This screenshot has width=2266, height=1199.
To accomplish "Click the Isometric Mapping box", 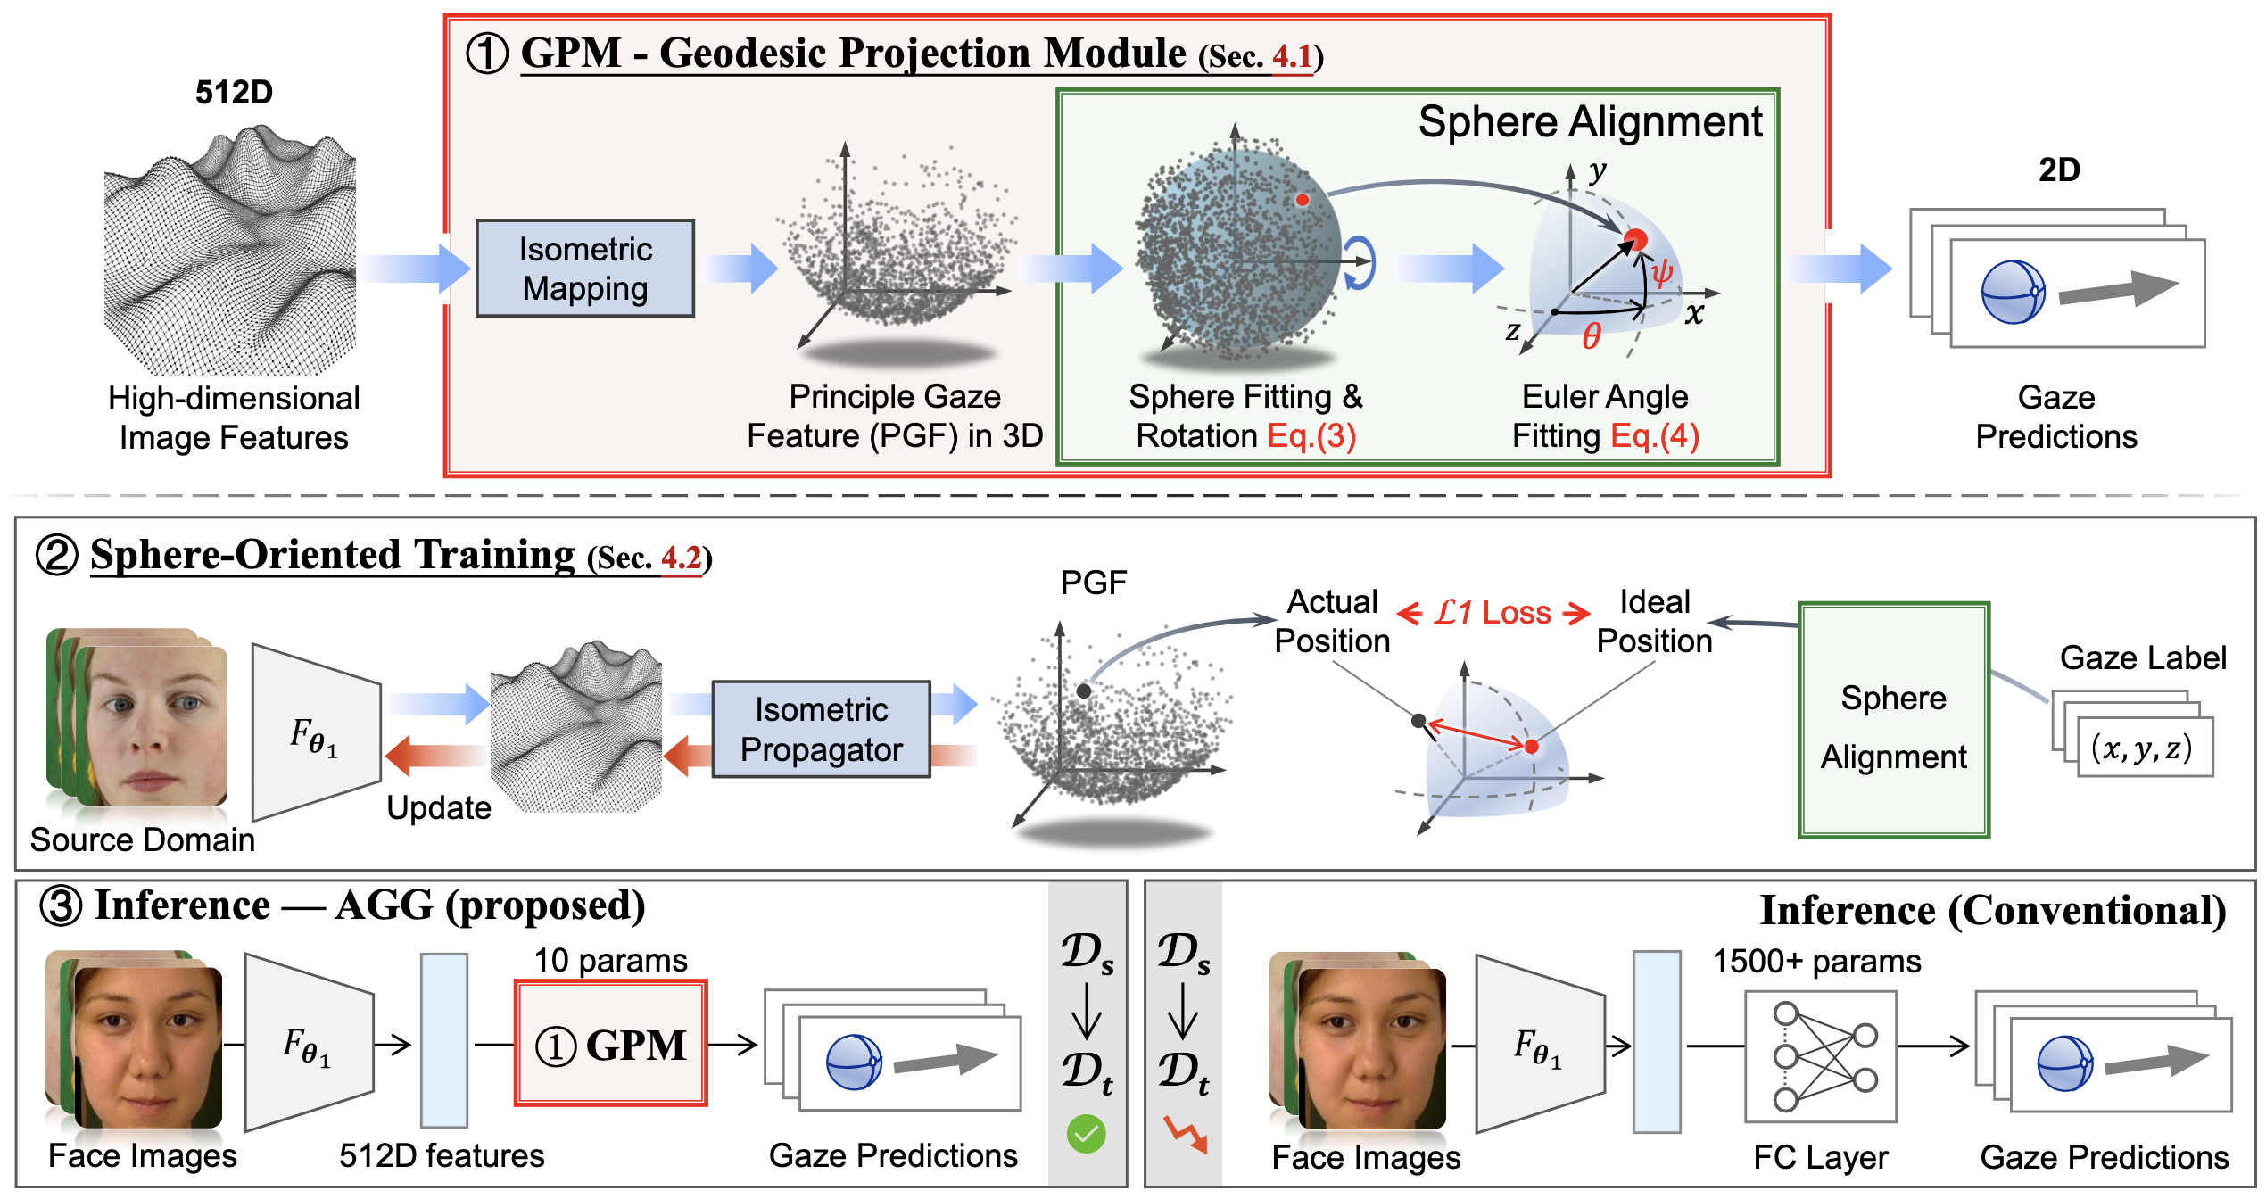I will click(585, 269).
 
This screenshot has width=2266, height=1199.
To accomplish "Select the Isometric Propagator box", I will click(821, 730).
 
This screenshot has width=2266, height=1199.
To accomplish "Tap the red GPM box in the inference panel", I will click(611, 1044).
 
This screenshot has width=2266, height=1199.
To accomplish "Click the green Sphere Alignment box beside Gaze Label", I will click(1893, 721).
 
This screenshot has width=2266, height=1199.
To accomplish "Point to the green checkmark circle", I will click(1086, 1135).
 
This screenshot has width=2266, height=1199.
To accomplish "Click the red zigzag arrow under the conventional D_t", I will click(1186, 1134).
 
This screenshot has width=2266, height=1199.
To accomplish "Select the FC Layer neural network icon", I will click(1821, 1057).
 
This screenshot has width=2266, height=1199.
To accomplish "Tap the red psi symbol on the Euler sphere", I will click(1661, 272).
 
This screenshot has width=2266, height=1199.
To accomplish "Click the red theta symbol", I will click(1592, 336).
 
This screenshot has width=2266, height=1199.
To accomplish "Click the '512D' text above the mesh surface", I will click(234, 92).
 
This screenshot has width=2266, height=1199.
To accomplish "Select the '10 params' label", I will click(610, 961).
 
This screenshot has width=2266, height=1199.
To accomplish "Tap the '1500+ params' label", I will click(1816, 962).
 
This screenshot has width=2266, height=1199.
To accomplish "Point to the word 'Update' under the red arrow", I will click(439, 807).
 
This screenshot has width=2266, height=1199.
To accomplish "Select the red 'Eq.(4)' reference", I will click(1655, 436).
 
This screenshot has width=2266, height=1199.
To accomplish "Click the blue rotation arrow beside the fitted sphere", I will click(1360, 263).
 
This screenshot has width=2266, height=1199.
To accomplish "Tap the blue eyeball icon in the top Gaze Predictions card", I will click(2013, 292).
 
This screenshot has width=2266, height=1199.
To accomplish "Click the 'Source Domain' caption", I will click(143, 839).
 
